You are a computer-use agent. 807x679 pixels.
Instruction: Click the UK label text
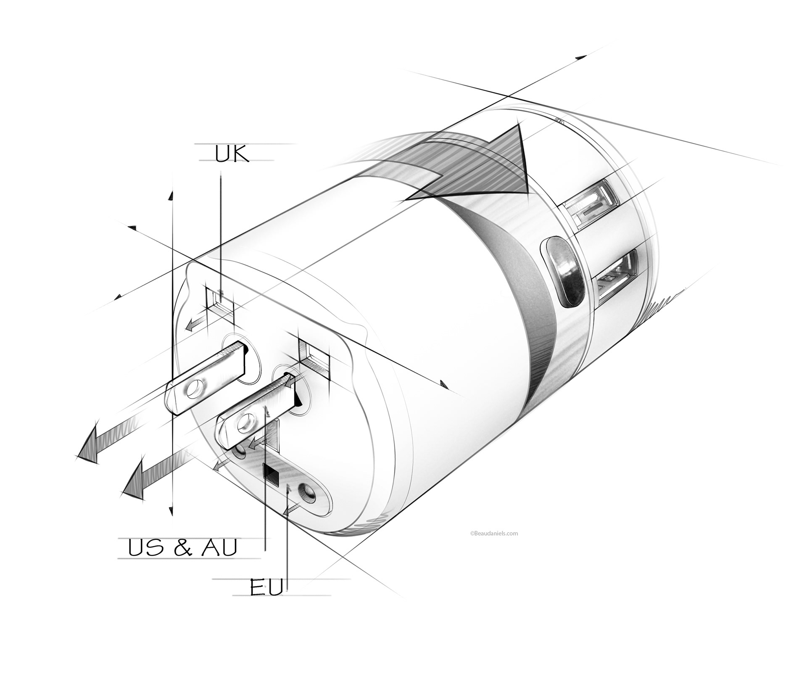(232, 154)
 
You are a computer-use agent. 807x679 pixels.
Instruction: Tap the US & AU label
(183, 548)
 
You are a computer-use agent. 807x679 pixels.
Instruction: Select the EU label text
(266, 587)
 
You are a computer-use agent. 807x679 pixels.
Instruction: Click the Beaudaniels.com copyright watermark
(494, 533)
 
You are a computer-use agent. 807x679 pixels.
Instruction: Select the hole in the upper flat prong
(194, 390)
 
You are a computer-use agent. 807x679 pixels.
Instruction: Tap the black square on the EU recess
(271, 475)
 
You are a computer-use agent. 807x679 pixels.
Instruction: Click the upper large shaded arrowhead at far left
(90, 446)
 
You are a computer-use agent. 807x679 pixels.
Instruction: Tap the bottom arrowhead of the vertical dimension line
(171, 511)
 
